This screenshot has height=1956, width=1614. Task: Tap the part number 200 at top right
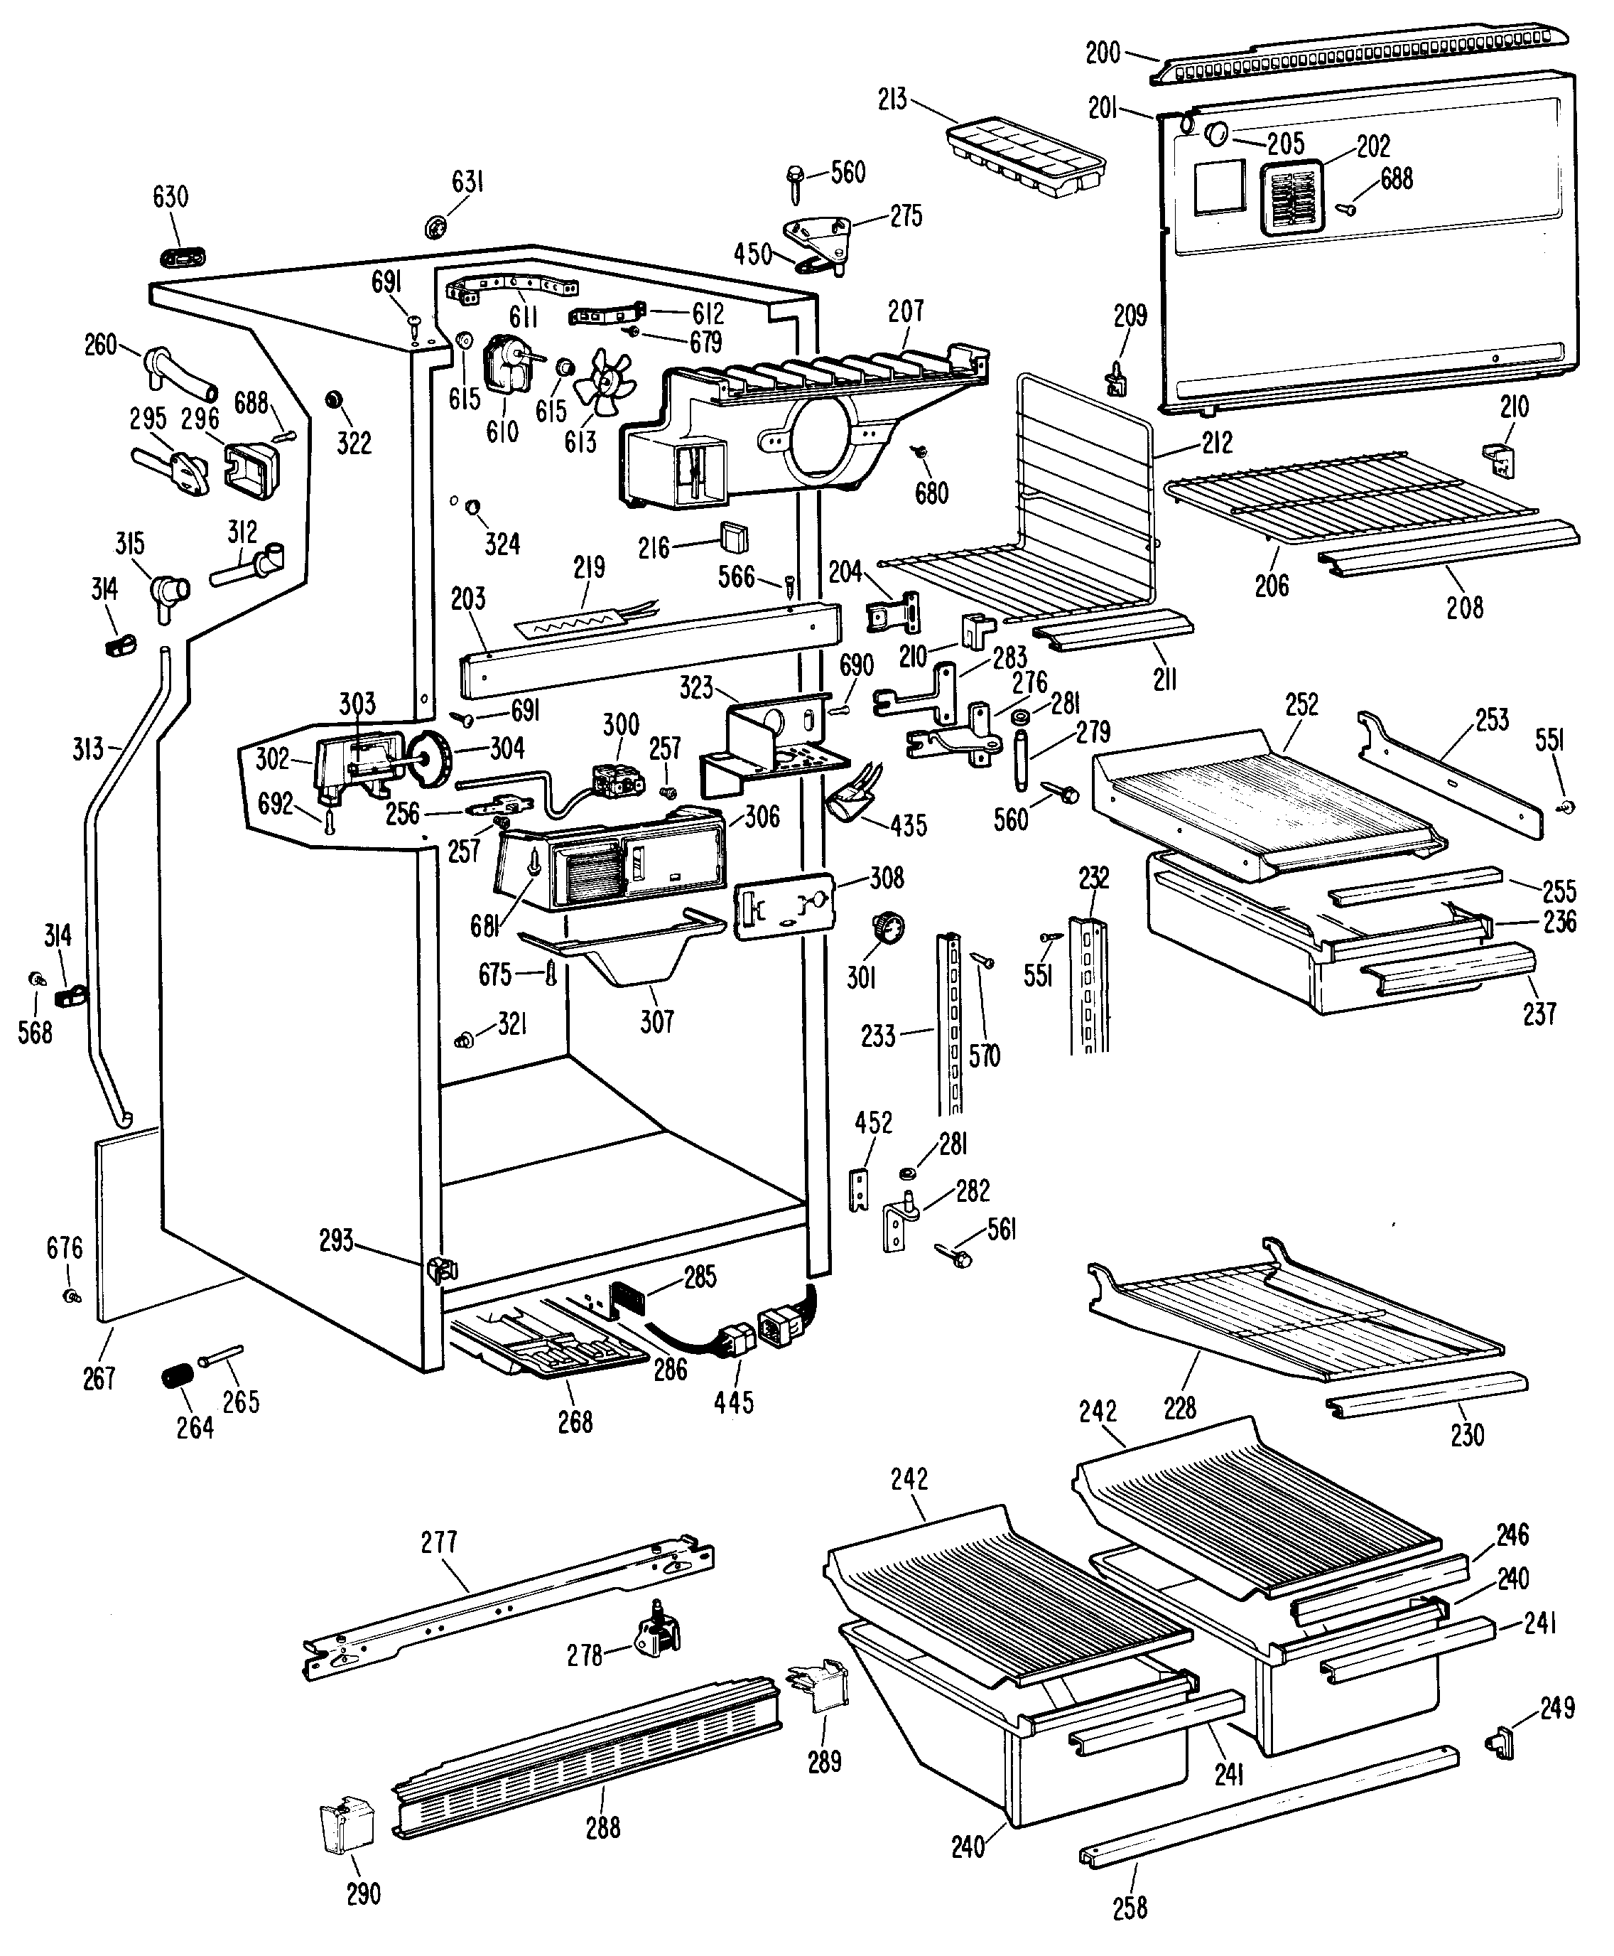1103,53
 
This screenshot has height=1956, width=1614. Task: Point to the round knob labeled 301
888,928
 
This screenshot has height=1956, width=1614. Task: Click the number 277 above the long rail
439,1542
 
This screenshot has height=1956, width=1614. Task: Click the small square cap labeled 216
734,537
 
